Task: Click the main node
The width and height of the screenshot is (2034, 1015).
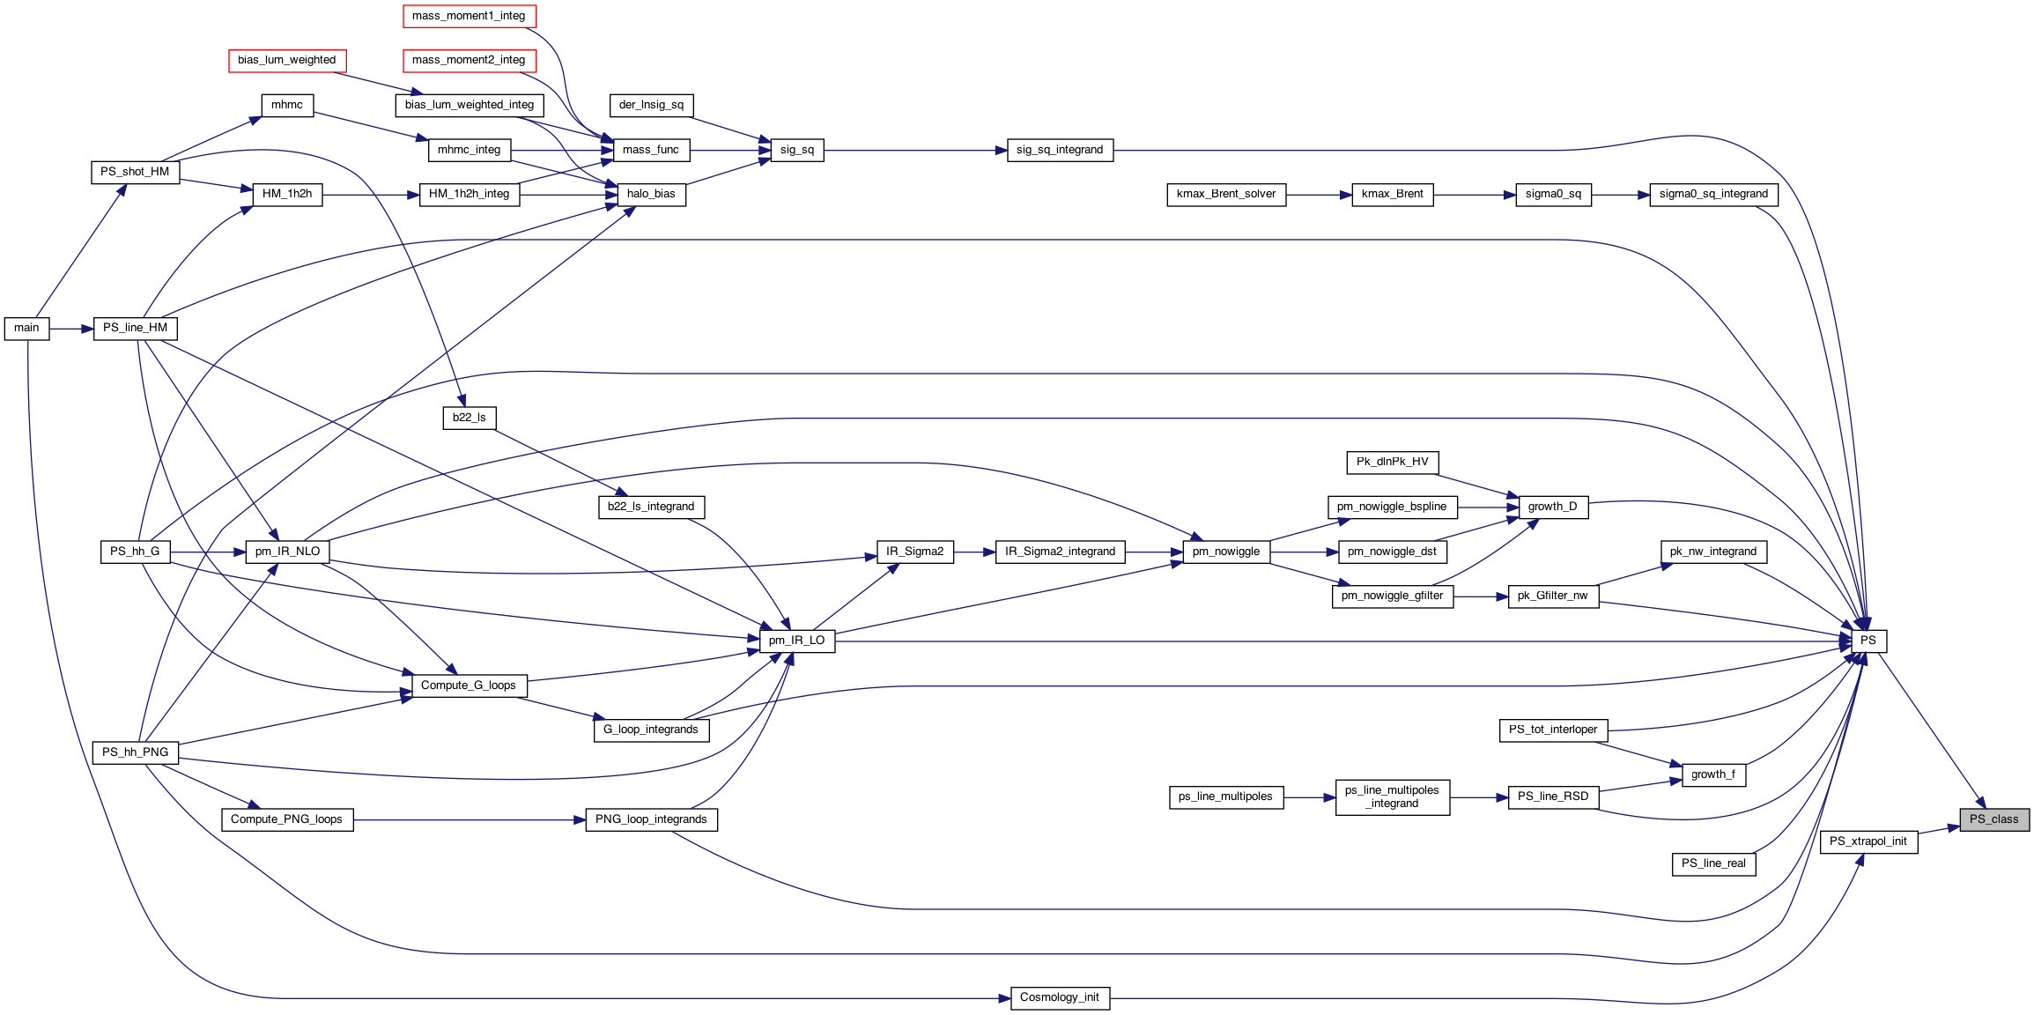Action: tap(26, 329)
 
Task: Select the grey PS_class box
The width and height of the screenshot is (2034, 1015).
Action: tap(1993, 819)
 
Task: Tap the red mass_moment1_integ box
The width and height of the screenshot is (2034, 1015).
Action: tap(469, 16)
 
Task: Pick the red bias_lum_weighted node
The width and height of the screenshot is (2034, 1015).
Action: tap(287, 60)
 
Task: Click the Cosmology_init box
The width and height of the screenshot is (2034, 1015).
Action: tap(1059, 997)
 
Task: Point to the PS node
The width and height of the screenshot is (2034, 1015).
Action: tap(1868, 641)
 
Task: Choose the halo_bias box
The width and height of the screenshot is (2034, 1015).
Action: tap(651, 194)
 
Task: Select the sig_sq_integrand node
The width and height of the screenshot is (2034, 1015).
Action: tap(1059, 150)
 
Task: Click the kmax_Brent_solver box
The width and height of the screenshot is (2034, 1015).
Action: tap(1225, 194)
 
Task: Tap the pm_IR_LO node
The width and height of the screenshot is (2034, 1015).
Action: tap(796, 641)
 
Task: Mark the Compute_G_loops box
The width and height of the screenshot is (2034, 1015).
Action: tap(469, 685)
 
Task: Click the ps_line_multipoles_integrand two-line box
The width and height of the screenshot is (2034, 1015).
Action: tap(1392, 796)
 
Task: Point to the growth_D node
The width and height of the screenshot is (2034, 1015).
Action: tap(1552, 507)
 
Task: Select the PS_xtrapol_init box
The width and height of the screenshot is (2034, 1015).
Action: tap(1868, 841)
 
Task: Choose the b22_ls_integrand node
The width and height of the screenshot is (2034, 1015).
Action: tap(651, 507)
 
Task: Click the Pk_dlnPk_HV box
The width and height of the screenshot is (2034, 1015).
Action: tap(1392, 462)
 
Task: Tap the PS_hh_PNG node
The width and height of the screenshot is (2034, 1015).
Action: tap(135, 752)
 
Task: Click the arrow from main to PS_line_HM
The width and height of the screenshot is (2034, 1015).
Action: tap(71, 329)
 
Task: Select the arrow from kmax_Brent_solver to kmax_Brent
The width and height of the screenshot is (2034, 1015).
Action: tap(1319, 194)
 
